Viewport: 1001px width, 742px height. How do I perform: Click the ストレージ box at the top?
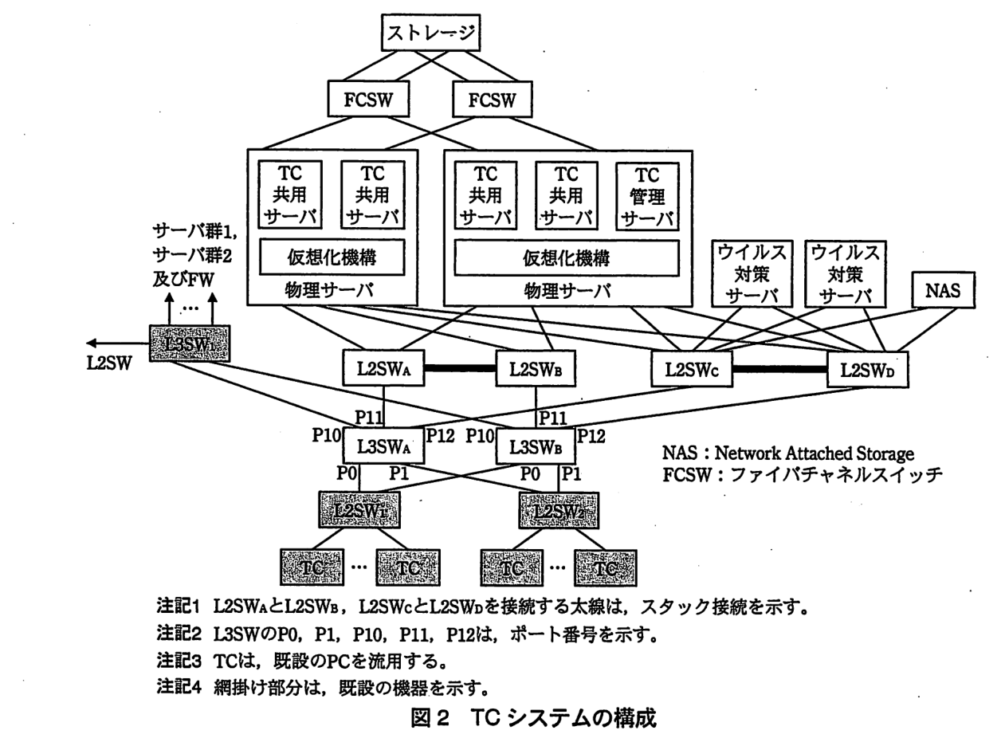click(430, 33)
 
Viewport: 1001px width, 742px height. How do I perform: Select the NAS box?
click(943, 290)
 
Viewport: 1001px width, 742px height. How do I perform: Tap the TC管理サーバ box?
click(647, 196)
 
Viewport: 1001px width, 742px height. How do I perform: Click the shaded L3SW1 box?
click(190, 344)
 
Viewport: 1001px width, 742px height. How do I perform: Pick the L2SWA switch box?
click(383, 368)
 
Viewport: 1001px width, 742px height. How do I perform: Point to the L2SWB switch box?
click(536, 369)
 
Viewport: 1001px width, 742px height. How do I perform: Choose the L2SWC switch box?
click(692, 369)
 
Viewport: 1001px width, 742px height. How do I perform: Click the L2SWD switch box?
click(867, 370)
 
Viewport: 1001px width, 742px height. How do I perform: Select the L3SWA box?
click(383, 446)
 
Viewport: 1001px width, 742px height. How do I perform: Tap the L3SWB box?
click(536, 446)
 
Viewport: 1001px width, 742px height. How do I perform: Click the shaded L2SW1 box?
click(359, 510)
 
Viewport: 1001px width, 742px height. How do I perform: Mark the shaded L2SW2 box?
click(559, 510)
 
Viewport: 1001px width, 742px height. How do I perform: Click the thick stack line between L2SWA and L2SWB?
click(460, 368)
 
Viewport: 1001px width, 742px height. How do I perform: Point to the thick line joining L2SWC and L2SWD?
click(779, 370)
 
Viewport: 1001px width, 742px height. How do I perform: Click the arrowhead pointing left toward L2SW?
click(92, 344)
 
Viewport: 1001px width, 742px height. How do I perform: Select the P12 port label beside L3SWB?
click(591, 436)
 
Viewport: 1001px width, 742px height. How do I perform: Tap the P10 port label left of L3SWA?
click(326, 435)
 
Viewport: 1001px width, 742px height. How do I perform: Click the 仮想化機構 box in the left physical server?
click(332, 257)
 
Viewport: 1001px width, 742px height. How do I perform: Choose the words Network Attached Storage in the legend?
click(815, 453)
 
